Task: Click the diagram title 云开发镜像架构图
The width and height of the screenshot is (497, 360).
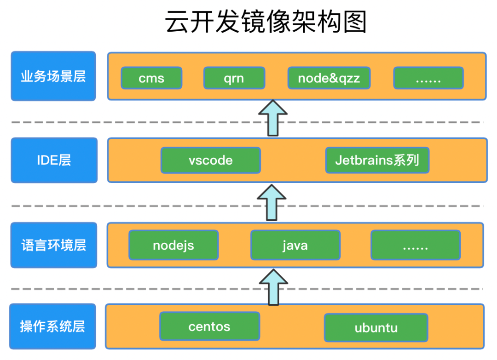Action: tap(266, 22)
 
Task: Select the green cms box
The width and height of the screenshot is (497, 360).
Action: tap(151, 78)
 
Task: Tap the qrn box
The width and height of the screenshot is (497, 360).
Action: tap(234, 78)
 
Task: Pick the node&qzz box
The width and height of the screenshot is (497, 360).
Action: tap(329, 78)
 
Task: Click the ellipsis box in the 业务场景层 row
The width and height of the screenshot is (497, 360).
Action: tap(428, 78)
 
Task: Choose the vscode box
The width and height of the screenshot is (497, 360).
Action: tap(211, 160)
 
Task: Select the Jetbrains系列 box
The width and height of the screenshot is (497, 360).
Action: tap(377, 160)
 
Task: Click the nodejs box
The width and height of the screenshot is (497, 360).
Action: tap(173, 245)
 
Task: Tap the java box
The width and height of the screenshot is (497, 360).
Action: tap(295, 245)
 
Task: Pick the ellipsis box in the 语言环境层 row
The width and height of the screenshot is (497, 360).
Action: tap(416, 245)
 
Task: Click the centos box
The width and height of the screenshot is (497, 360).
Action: tap(210, 326)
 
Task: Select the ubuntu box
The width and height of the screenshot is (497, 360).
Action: tap(376, 328)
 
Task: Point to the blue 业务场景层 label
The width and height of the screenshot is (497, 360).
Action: tap(53, 76)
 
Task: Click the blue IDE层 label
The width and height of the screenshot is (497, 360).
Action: tap(54, 160)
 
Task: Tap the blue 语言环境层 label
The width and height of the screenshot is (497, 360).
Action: tap(54, 245)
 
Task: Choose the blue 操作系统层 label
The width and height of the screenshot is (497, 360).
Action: tap(52, 326)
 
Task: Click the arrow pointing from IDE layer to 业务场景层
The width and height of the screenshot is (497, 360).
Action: tap(273, 118)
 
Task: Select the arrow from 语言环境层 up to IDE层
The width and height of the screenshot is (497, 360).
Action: tap(272, 203)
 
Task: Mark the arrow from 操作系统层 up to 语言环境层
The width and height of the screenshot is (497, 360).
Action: tap(273, 287)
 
